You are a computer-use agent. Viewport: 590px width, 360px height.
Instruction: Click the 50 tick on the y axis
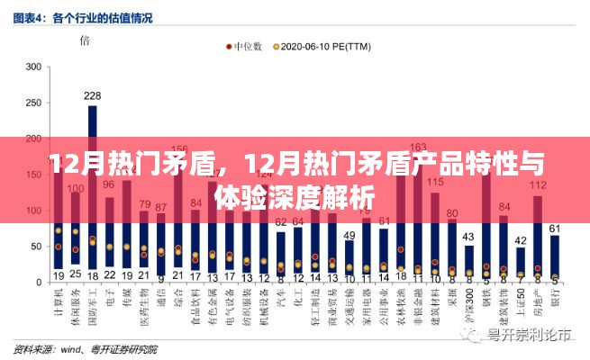coord(35,245)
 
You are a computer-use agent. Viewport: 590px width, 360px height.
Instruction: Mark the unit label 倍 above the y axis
coord(84,40)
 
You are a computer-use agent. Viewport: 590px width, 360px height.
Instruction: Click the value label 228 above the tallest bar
coord(92,95)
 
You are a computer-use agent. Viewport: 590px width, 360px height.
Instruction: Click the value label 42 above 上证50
coord(521,239)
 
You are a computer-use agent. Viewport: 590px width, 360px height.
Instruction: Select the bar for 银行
coord(555,256)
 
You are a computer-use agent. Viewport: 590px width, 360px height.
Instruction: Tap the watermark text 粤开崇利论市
coord(527,336)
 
